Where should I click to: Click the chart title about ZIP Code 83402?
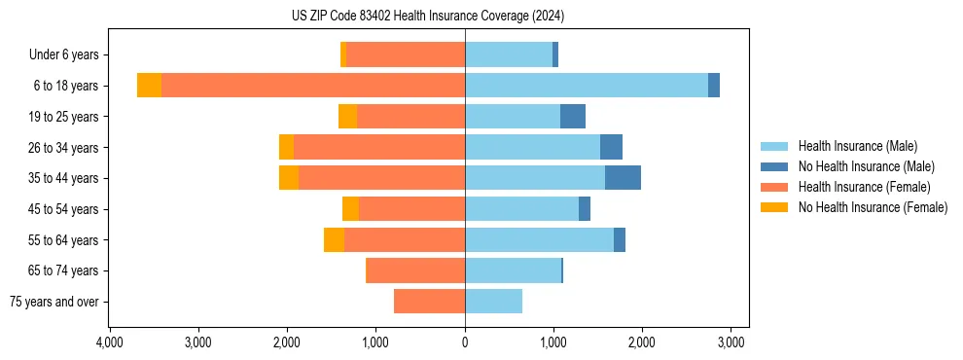[428, 16]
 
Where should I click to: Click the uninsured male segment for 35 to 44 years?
[623, 178]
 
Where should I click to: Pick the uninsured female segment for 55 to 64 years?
[334, 239]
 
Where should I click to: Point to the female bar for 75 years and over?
[429, 302]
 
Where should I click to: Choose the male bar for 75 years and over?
[494, 302]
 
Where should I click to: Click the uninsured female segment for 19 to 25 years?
[347, 117]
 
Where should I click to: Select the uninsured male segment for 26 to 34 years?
[611, 147]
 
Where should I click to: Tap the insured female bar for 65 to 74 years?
[415, 270]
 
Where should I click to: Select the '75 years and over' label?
[53, 302]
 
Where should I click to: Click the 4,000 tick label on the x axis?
[109, 342]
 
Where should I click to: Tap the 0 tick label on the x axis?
[465, 342]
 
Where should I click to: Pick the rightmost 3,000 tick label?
[731, 342]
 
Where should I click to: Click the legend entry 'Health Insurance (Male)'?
[857, 146]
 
